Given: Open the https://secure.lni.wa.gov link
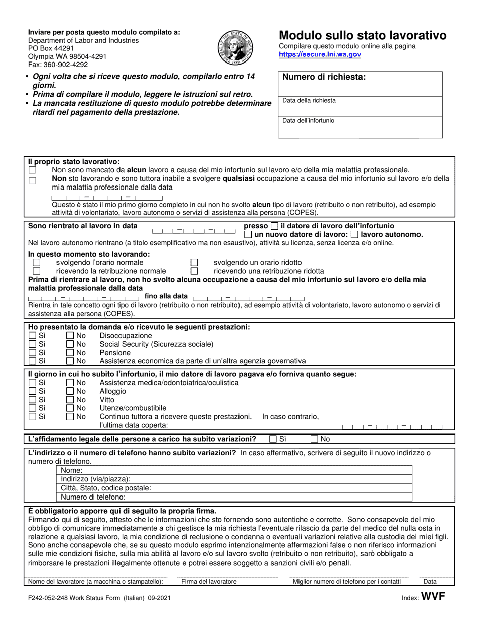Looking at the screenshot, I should tap(320, 54).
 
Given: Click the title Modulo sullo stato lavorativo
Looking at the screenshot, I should tap(363, 35).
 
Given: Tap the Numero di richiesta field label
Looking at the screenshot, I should tap(324, 77).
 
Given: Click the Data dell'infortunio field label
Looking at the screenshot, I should tap(308, 121).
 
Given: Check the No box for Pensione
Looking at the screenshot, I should tap(70, 353).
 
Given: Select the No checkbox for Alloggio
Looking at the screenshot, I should tap(70, 391).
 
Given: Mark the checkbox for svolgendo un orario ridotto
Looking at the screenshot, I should tap(194, 263).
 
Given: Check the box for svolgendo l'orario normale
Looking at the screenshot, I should tap(36, 263).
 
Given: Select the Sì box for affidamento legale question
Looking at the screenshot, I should tap(273, 439).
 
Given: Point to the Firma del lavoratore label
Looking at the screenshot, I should tap(209, 581).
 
